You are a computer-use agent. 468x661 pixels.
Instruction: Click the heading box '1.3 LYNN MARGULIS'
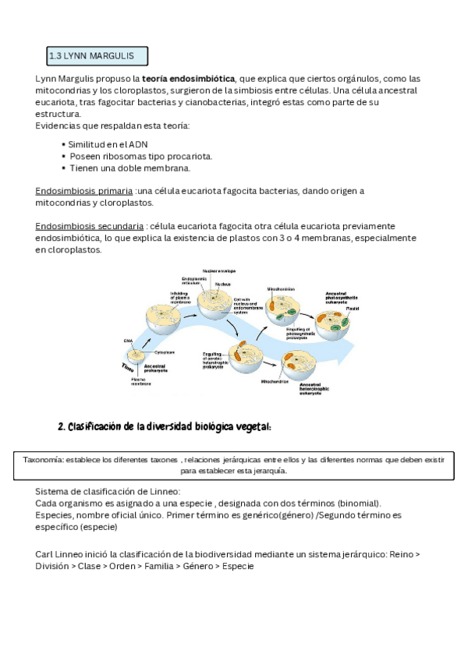[x=97, y=56]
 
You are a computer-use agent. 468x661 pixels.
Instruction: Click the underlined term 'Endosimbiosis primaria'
[x=84, y=191]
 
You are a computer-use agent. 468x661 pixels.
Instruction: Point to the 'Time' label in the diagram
[x=128, y=366]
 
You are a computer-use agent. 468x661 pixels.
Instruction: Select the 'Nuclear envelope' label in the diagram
[x=219, y=270]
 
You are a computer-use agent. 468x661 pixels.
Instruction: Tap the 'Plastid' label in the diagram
[x=353, y=309]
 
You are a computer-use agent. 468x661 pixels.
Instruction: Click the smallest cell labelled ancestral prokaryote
[x=137, y=355]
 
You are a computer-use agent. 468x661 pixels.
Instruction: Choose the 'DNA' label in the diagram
[x=128, y=341]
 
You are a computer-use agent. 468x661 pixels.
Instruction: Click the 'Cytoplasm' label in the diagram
[x=163, y=352]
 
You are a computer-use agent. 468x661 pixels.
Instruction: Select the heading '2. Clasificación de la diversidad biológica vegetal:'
[x=165, y=426]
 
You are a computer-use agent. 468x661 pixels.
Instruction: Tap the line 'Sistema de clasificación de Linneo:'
[x=108, y=492]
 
